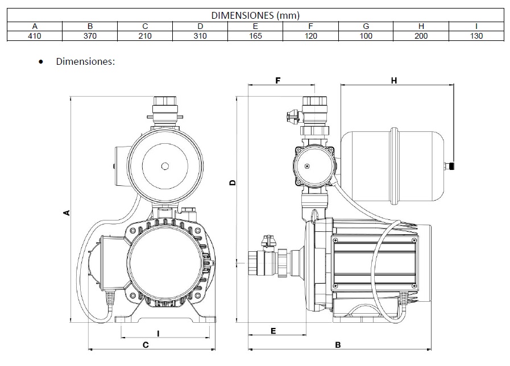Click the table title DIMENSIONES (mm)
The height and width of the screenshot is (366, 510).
point(255,15)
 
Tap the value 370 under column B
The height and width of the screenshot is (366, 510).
point(89,36)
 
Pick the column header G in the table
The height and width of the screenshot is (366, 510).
point(366,26)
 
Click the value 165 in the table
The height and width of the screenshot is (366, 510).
point(255,36)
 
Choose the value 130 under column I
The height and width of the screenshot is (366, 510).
point(476,36)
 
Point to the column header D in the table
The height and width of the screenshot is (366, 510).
point(200,26)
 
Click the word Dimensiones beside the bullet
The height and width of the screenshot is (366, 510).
point(85,61)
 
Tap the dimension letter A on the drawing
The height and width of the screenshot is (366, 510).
point(66,213)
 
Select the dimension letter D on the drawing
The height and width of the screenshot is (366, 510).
point(233,182)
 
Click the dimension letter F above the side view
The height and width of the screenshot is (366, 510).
point(278,81)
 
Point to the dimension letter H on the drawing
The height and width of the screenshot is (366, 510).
point(393,81)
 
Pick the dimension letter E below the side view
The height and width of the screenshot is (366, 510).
point(273,331)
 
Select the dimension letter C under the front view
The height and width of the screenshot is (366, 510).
point(146,344)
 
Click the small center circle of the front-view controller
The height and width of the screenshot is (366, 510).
point(165,166)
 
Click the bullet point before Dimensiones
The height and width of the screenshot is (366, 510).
point(41,61)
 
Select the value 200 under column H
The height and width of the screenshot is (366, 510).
point(421,36)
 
